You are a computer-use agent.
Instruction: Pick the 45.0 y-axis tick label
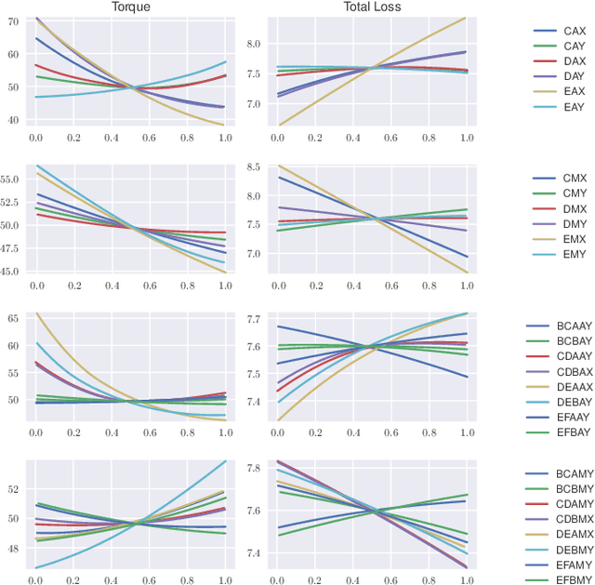point(10,272)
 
